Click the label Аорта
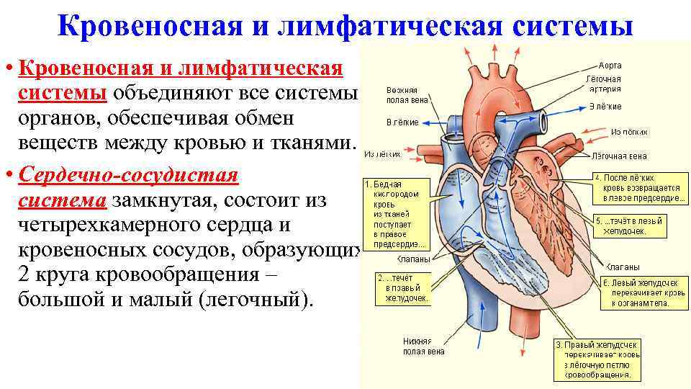pos(610,65)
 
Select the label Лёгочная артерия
pos(603,84)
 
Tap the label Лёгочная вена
pos(618,156)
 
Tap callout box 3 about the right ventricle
pos(596,360)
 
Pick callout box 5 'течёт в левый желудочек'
pos(628,225)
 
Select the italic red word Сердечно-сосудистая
pos(130,176)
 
